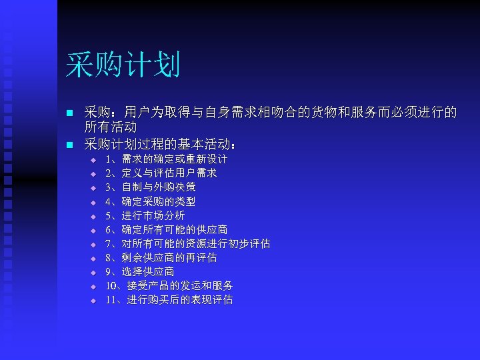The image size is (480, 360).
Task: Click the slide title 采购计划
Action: (x=123, y=65)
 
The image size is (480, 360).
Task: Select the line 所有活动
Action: (x=110, y=127)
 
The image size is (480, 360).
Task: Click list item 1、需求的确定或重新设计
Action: (x=166, y=159)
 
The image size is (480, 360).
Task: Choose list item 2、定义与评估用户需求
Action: (x=161, y=173)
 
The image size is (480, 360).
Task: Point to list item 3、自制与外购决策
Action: (x=150, y=187)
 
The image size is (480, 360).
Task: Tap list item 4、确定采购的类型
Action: (x=150, y=201)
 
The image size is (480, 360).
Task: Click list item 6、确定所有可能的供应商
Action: (x=166, y=229)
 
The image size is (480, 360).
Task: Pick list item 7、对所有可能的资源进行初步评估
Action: (x=187, y=243)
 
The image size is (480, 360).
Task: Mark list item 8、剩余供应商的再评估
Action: (x=161, y=257)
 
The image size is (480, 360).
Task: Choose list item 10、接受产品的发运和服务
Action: (x=169, y=285)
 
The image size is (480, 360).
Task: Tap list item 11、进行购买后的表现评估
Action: (x=169, y=299)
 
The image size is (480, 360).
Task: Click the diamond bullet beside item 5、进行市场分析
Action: (x=94, y=216)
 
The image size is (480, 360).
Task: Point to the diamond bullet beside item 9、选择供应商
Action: (x=94, y=272)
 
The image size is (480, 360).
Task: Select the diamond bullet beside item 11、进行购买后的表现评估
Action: (x=94, y=300)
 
